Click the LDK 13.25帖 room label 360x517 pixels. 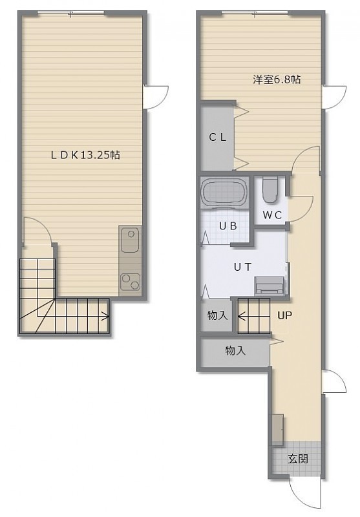[85, 155]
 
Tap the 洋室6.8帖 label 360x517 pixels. [277, 79]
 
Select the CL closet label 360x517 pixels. [218, 138]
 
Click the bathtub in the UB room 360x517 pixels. [224, 193]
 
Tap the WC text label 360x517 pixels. [272, 215]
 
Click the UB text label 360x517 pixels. [228, 226]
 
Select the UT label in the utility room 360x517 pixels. [243, 267]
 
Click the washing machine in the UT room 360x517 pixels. [270, 285]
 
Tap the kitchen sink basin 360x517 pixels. [130, 240]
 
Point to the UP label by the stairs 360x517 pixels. [284, 315]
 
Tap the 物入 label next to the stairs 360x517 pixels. [218, 315]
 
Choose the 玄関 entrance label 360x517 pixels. [298, 459]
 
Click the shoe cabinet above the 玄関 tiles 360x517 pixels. [278, 428]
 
